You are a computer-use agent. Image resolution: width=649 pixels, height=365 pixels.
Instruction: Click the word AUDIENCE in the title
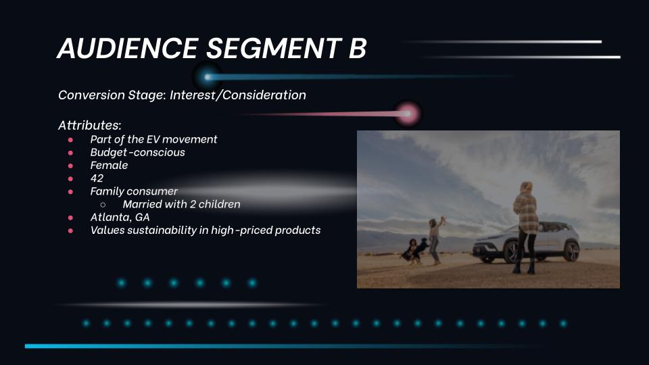click(x=128, y=48)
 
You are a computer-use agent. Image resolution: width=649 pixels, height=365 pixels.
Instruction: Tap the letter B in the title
click(x=358, y=48)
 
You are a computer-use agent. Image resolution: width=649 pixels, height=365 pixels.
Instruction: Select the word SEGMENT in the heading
click(x=274, y=48)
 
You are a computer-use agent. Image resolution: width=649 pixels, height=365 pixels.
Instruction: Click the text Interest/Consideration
click(x=237, y=95)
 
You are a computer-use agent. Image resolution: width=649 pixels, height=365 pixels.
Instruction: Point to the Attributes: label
click(x=89, y=125)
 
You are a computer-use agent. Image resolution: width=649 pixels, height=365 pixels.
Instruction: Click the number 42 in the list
click(x=97, y=178)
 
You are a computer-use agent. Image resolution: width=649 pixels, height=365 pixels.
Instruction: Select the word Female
click(x=109, y=165)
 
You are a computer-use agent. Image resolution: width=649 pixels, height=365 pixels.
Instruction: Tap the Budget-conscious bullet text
click(x=137, y=152)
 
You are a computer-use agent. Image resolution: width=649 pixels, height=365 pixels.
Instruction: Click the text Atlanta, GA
click(x=120, y=217)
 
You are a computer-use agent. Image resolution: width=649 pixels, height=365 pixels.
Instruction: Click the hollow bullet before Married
click(x=103, y=204)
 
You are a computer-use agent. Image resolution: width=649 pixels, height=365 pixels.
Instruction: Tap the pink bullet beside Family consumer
click(x=70, y=191)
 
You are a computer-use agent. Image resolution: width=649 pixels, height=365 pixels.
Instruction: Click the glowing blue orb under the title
click(x=208, y=77)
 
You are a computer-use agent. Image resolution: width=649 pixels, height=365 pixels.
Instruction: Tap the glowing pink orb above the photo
click(x=408, y=114)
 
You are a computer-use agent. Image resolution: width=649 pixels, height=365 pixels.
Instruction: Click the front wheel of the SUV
click(x=512, y=251)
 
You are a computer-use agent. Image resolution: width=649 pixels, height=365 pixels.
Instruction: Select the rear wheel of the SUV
click(x=572, y=251)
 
